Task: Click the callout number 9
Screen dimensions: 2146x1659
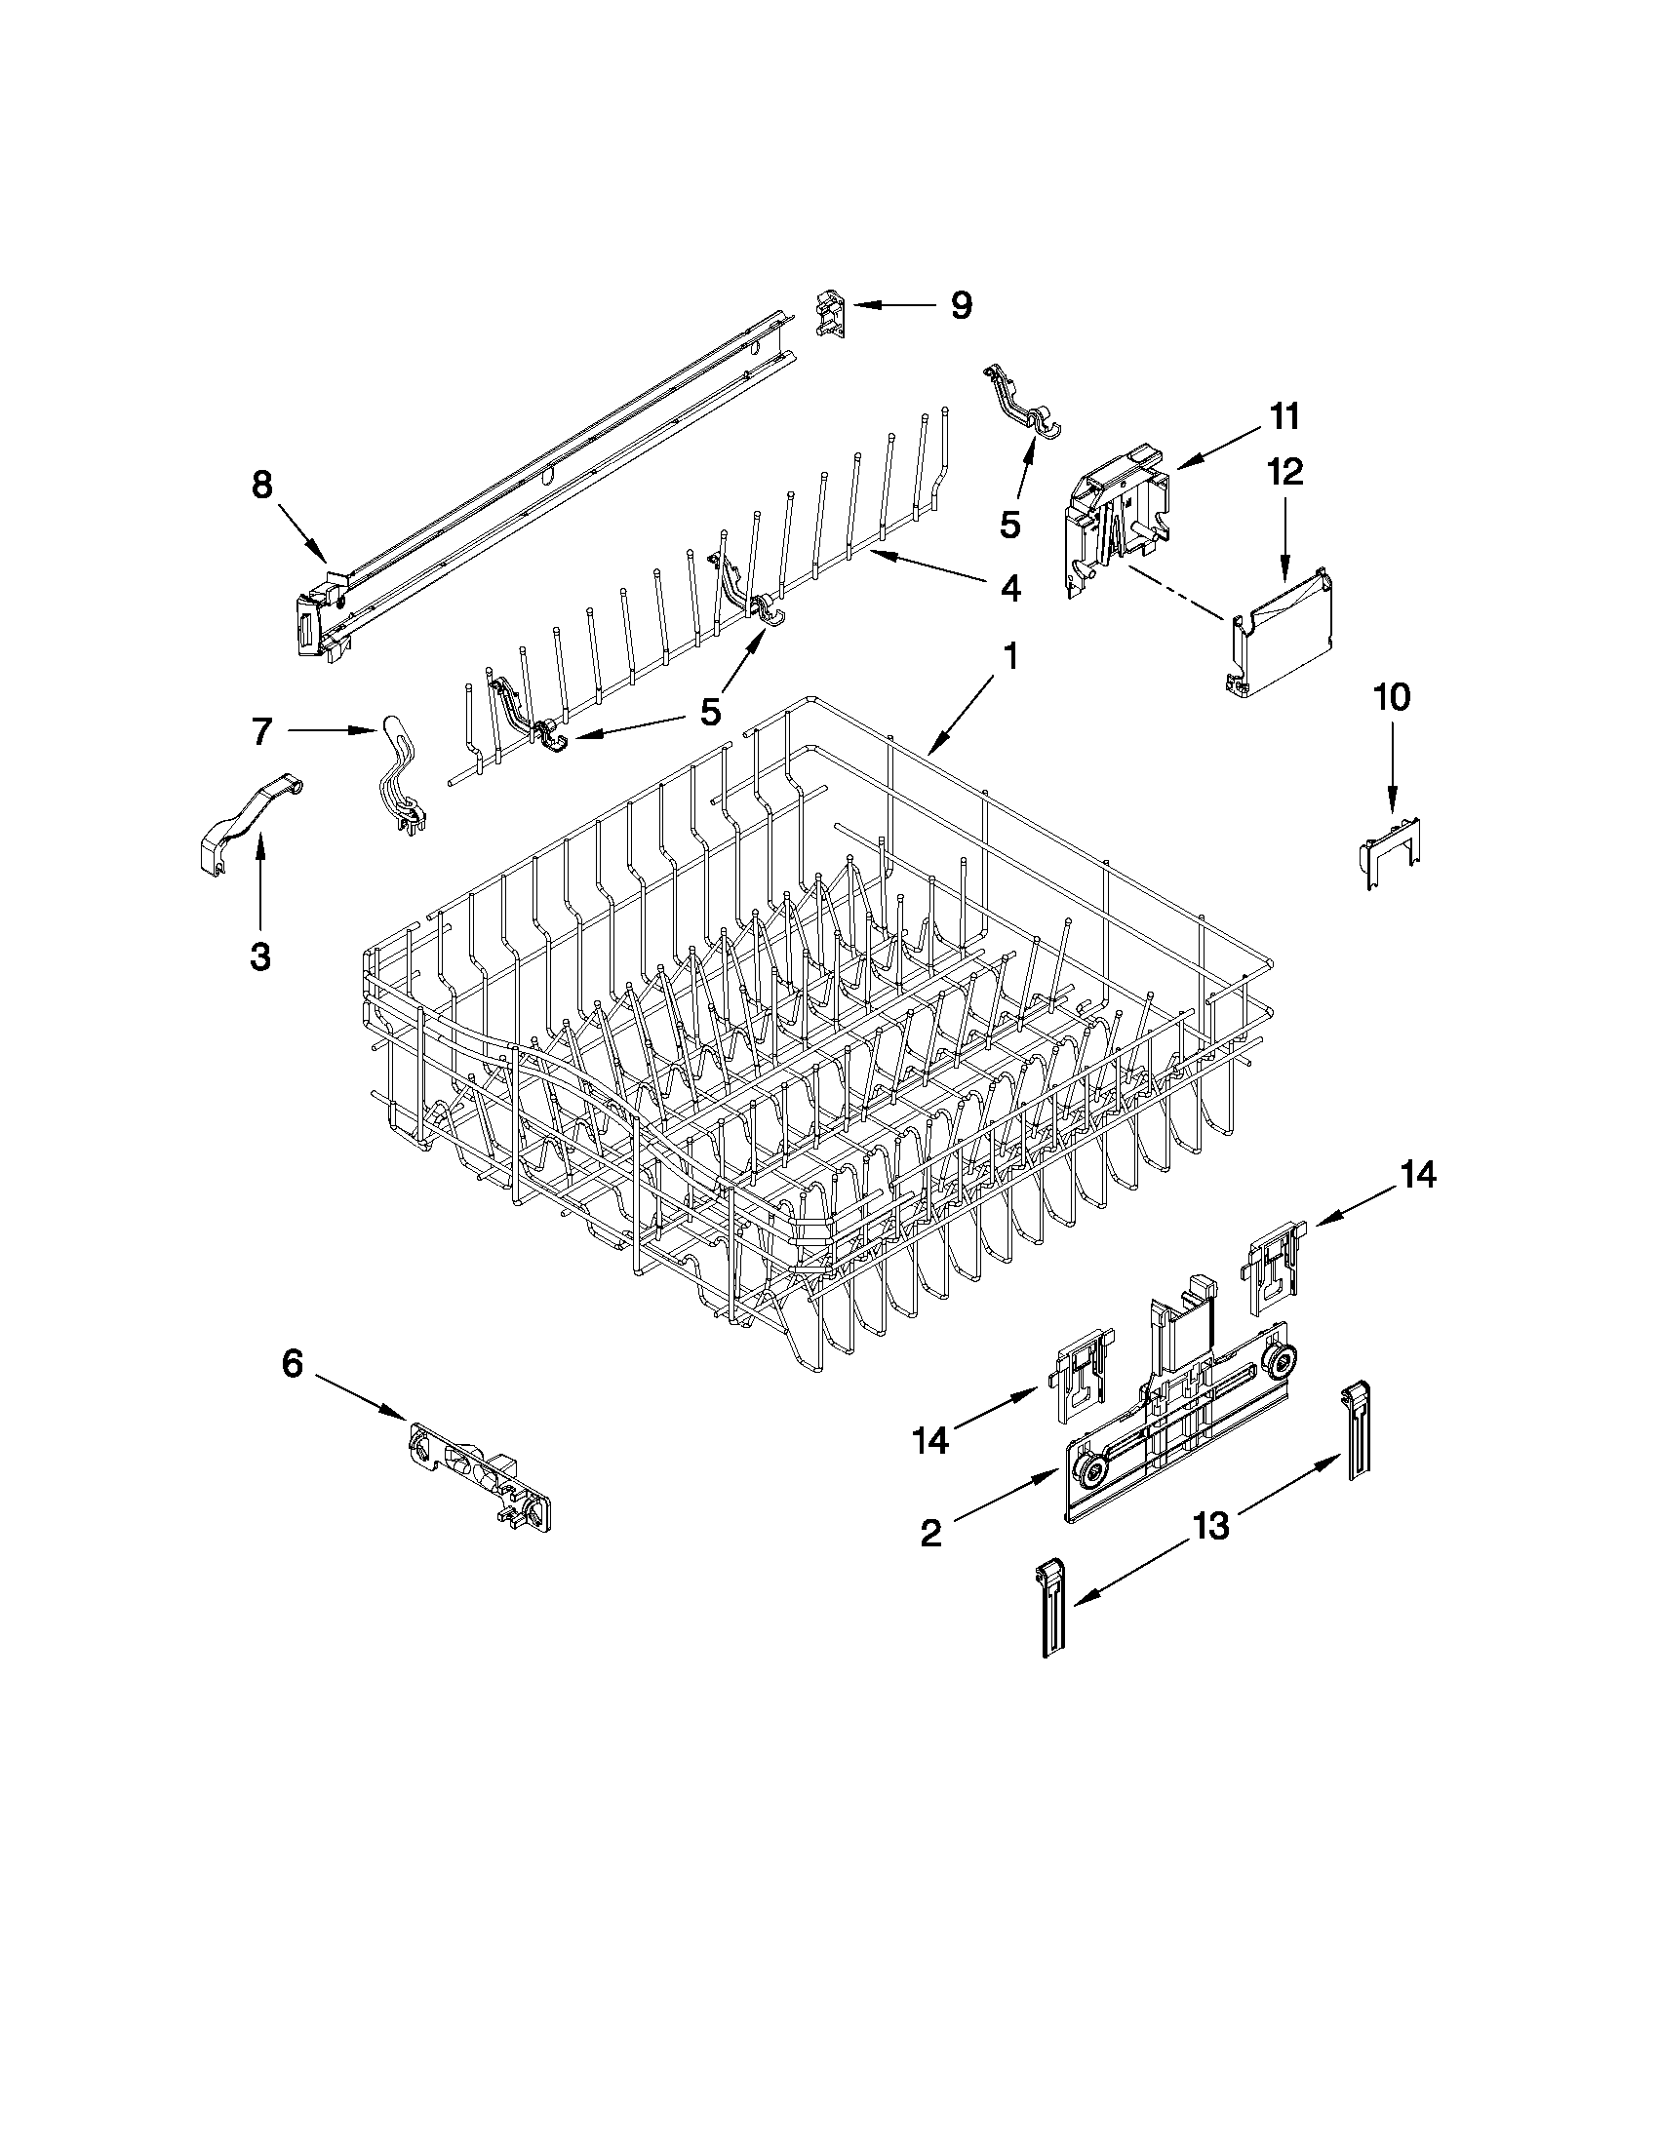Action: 961,305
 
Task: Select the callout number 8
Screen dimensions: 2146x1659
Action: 261,486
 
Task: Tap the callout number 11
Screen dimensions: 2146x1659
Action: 1284,416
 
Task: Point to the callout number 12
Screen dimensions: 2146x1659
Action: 1285,473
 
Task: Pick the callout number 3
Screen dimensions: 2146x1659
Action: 259,956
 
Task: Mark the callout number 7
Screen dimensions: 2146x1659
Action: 260,731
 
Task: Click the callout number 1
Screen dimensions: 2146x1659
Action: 1009,655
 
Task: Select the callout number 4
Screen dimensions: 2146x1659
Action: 1009,589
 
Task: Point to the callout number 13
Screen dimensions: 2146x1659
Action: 1210,1526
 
